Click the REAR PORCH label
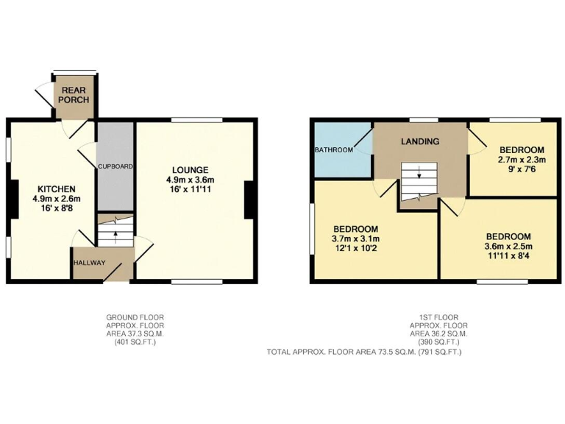click(x=74, y=95)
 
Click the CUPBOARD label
click(x=116, y=167)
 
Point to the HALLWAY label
click(x=88, y=264)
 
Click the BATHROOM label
click(x=334, y=150)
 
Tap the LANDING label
click(x=420, y=141)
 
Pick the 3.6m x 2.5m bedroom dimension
click(x=508, y=247)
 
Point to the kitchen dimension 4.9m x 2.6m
click(x=56, y=199)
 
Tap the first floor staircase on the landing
click(x=418, y=181)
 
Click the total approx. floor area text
click(x=364, y=353)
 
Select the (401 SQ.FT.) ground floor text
click(x=135, y=343)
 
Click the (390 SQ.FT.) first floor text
click(x=438, y=343)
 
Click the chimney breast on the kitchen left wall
click(x=13, y=199)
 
